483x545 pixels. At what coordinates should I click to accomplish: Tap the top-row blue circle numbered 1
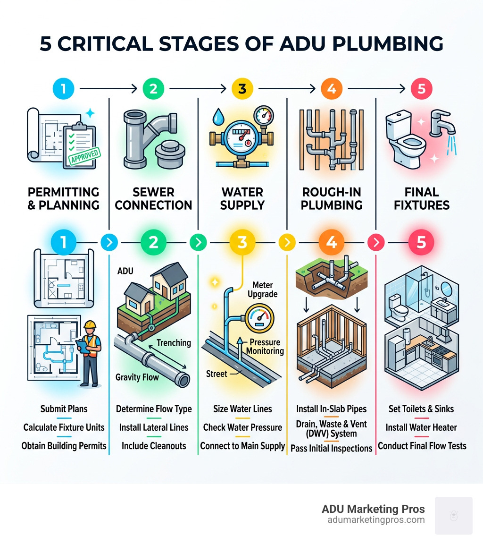(64, 88)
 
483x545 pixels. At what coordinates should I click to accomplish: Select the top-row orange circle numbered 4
(331, 88)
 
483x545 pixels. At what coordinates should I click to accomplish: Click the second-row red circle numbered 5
(421, 242)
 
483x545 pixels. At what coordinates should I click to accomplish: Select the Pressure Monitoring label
(266, 346)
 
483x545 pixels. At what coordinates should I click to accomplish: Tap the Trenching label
(173, 342)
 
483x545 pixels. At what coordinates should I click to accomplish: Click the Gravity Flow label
(137, 377)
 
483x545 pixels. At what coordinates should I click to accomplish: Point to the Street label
(217, 374)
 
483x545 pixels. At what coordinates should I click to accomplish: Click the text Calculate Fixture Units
(64, 427)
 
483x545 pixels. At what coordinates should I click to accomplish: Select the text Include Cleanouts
(154, 446)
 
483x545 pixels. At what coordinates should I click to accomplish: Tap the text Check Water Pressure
(242, 427)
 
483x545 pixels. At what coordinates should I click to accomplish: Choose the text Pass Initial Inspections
(331, 448)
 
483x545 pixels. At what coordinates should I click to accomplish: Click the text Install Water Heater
(422, 427)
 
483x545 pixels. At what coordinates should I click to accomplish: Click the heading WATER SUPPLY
(242, 198)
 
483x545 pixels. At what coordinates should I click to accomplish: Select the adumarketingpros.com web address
(376, 520)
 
